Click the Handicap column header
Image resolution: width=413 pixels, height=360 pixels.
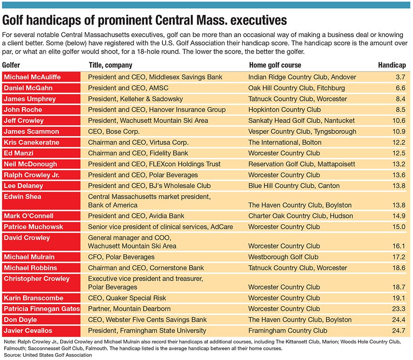pos(391,65)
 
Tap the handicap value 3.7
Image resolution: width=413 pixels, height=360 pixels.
pos(400,77)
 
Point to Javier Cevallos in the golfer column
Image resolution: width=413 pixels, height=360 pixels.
pos(28,331)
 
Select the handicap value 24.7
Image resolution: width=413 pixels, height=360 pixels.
pos(398,331)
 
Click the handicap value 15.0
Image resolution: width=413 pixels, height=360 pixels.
pos(398,227)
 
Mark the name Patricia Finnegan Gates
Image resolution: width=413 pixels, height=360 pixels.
pos(42,309)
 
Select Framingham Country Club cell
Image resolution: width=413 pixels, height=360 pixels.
pos(288,331)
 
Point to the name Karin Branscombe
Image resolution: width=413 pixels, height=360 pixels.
pos(33,298)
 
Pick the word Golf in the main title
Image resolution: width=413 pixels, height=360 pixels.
pos(14,20)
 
